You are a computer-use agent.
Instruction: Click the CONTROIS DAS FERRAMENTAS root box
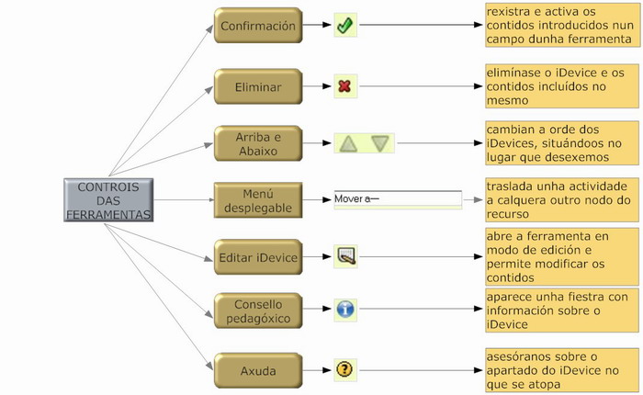tap(108, 200)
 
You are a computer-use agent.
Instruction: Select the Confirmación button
tap(258, 27)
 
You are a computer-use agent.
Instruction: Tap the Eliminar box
tap(258, 87)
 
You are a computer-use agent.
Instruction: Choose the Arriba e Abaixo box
tap(258, 144)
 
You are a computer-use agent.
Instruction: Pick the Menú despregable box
tap(258, 200)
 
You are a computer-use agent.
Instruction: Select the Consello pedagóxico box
tap(258, 311)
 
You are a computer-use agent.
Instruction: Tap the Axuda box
tap(258, 370)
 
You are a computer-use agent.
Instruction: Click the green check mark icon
tap(344, 26)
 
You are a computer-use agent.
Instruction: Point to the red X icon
tap(344, 87)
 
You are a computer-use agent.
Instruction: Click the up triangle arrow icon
tap(348, 144)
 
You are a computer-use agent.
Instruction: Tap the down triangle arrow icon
tap(380, 144)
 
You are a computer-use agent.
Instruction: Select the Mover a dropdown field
tap(397, 198)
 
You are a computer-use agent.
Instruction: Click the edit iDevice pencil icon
tap(344, 256)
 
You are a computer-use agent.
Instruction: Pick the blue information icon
tap(344, 310)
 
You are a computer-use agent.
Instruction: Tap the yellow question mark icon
tap(344, 369)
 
